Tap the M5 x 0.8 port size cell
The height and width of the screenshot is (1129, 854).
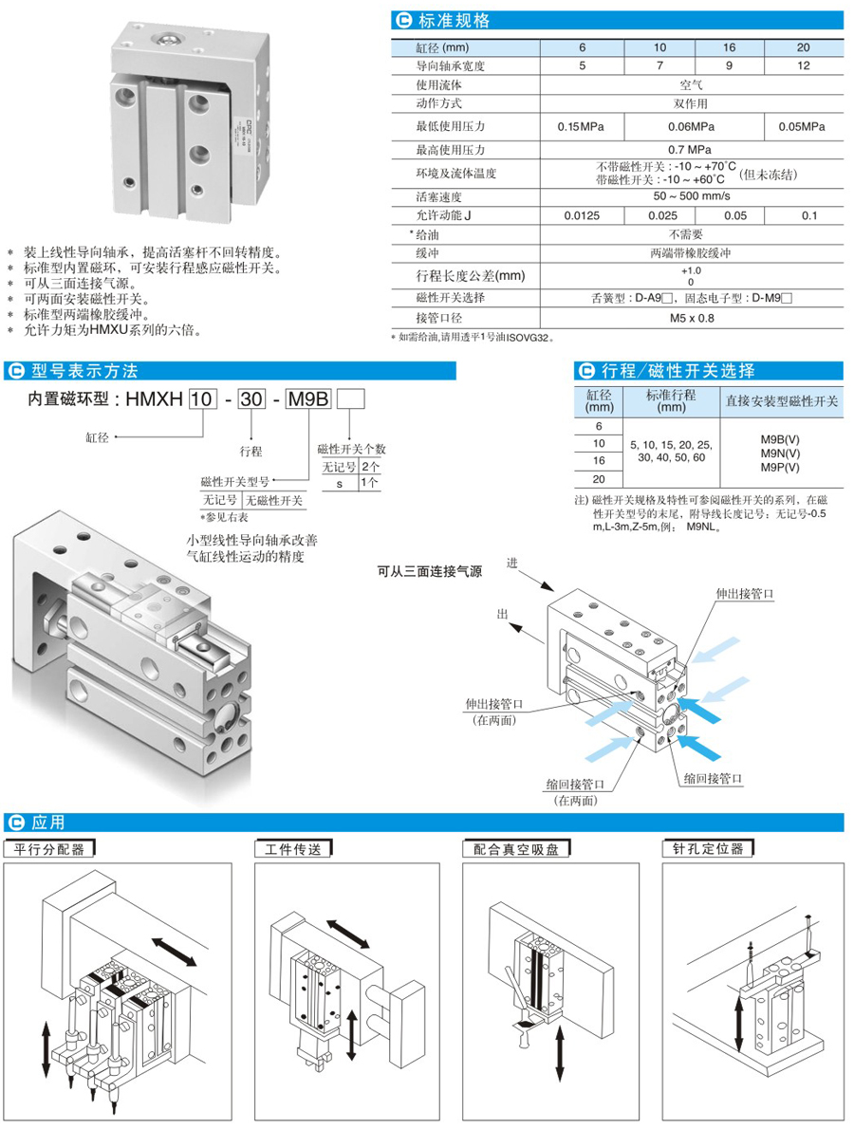coord(690,318)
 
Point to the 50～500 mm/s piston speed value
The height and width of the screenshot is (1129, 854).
coord(690,196)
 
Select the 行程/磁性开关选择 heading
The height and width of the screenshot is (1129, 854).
coord(678,370)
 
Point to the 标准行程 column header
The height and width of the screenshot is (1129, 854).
coord(671,401)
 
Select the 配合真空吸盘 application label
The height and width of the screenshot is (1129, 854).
coord(516,849)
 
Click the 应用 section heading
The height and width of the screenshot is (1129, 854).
coord(47,822)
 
